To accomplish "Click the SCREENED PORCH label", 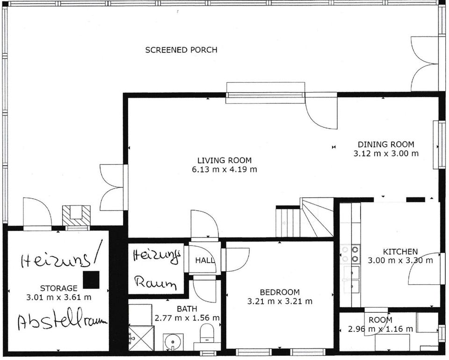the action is [x=181, y=50].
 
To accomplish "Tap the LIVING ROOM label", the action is [x=224, y=160].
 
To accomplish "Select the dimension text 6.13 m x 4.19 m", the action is [x=224, y=169].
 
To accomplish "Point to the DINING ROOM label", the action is [x=386, y=144].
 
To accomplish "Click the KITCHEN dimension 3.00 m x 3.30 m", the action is [x=400, y=260].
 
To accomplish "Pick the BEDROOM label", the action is [x=280, y=292].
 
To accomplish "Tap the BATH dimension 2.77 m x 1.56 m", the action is [x=187, y=318].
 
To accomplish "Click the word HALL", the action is [x=205, y=260].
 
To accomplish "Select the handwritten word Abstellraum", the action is [x=62, y=320].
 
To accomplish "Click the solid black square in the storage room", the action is [x=91, y=280].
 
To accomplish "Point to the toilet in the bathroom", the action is [x=206, y=333].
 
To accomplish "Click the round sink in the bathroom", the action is [x=173, y=341].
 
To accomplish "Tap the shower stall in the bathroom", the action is [x=141, y=338].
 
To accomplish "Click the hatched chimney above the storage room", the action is [x=76, y=216].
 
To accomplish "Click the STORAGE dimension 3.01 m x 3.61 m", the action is [x=59, y=297].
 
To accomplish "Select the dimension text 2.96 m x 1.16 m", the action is [x=380, y=329].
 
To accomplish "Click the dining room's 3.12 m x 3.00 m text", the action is [x=386, y=153].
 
